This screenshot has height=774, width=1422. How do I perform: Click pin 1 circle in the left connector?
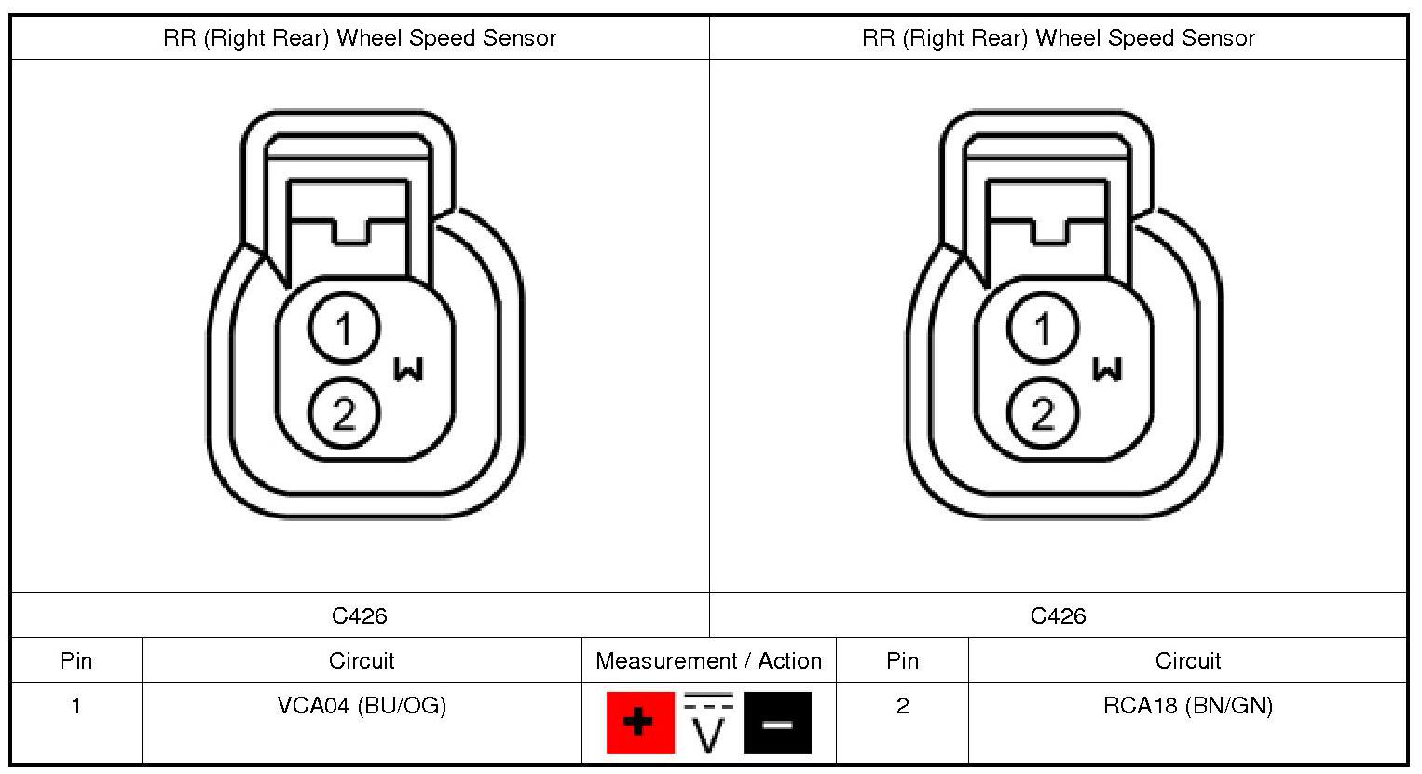tap(344, 328)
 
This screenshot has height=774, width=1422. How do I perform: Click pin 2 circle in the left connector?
tap(344, 413)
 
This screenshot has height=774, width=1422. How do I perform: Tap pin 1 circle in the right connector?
tap(1043, 328)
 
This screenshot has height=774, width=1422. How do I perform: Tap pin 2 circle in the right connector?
tap(1043, 413)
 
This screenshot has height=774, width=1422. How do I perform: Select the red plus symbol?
tap(639, 722)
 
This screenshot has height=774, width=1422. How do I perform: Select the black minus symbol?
tap(777, 722)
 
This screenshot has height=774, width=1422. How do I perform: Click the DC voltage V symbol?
tap(709, 722)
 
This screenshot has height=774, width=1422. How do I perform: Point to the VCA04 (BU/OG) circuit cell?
tap(362, 706)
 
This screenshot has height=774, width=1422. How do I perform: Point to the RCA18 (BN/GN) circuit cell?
tap(1187, 706)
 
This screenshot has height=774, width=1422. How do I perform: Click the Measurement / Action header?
tap(708, 661)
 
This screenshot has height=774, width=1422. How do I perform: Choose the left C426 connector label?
tap(359, 616)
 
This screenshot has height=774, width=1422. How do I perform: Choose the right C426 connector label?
tap(1058, 616)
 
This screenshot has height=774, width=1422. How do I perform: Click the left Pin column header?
tap(76, 661)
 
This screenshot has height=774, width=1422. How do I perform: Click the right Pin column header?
tap(902, 661)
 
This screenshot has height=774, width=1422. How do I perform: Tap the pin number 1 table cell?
tap(76, 706)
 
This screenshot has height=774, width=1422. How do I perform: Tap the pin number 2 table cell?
tap(902, 706)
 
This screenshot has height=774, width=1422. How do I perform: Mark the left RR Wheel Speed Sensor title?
tap(360, 38)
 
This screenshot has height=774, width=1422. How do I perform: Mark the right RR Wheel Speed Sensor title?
tap(1059, 38)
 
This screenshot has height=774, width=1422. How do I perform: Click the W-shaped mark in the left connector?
tap(408, 369)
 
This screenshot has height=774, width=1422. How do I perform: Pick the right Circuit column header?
tap(1187, 661)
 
